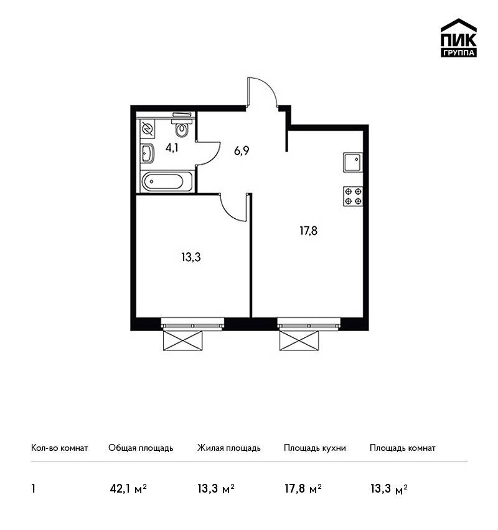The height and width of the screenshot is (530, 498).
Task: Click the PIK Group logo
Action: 459,38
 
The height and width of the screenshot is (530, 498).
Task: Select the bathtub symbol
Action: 167,181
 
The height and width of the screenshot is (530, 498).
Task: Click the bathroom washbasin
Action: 148,153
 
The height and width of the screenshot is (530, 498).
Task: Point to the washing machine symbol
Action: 148,128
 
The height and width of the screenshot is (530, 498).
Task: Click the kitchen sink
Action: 353,162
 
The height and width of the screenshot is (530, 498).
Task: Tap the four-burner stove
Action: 353,196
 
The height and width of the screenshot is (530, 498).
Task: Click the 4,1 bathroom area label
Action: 172,148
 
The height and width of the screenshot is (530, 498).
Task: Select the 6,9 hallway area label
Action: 242,150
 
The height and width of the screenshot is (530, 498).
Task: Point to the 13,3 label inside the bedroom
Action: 191,258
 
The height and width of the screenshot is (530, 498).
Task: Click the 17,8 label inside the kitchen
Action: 308,231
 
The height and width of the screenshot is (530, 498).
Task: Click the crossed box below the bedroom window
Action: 183,340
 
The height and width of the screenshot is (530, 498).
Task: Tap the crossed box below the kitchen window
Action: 299,340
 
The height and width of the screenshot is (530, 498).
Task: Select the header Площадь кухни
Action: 315,448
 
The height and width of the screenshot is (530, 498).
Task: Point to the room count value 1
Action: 33,489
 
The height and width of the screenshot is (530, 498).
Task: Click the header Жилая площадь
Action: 228,448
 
